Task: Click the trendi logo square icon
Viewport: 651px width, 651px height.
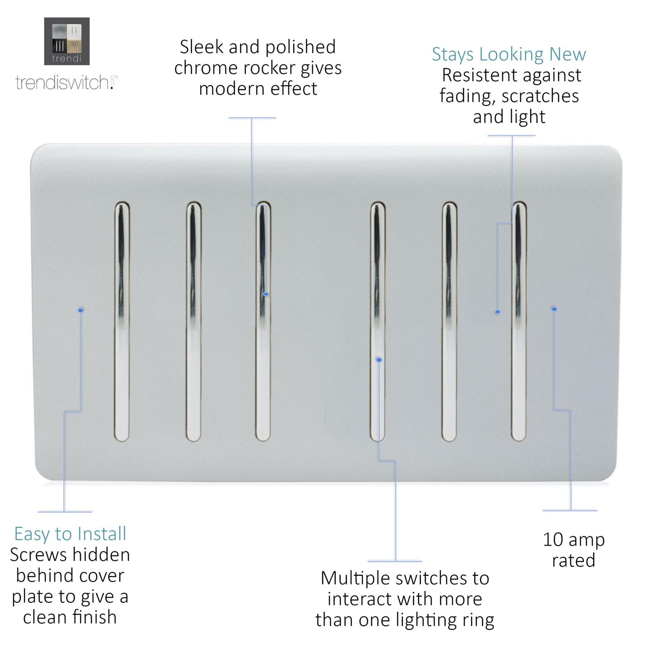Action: (x=67, y=41)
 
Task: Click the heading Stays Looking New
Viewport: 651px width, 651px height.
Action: (x=509, y=54)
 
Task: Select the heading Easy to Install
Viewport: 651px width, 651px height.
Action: (x=70, y=534)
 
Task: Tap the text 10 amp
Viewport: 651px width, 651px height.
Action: (x=573, y=539)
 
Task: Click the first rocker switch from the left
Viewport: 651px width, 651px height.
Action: (x=122, y=321)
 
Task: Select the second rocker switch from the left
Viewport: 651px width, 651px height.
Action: (x=193, y=321)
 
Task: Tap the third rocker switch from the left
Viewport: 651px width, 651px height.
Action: (x=263, y=321)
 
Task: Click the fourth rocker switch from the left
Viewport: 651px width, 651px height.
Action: (x=378, y=321)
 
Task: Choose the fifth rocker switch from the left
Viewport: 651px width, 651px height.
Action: (x=449, y=321)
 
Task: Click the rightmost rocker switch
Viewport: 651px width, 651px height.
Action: (x=519, y=321)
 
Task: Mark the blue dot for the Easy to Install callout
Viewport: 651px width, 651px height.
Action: (x=81, y=310)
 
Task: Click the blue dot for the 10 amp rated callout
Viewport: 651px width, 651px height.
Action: (x=554, y=309)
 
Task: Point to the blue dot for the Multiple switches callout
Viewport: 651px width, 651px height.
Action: (x=379, y=360)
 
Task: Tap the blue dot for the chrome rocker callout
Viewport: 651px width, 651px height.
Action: (x=266, y=294)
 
